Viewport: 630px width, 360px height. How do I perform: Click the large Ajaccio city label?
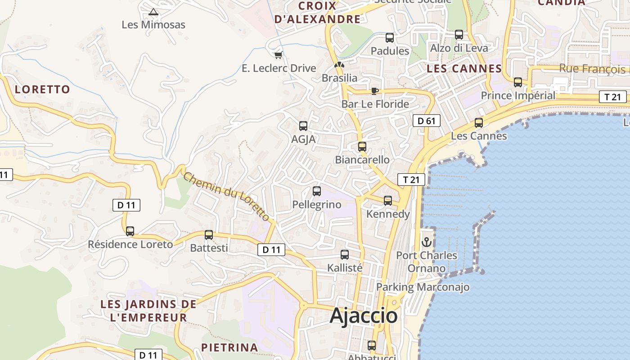[x=364, y=316]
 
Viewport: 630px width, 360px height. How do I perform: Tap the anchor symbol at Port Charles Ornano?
[x=426, y=243]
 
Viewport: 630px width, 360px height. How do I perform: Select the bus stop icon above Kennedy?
[x=388, y=201]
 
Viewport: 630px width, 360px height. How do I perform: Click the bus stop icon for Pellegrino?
[x=317, y=191]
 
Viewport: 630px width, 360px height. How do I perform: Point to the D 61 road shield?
[x=426, y=121]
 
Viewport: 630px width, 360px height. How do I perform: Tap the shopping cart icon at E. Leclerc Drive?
[x=279, y=55]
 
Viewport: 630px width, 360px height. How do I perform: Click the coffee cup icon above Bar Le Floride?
[x=374, y=91]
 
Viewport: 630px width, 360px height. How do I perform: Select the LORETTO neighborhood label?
[x=43, y=89]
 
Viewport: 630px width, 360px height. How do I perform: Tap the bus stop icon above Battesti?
[x=209, y=234]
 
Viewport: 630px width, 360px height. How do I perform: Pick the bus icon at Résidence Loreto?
[x=130, y=231]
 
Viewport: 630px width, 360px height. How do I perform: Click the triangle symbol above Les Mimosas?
[x=153, y=12]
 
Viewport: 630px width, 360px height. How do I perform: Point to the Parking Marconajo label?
[x=423, y=287]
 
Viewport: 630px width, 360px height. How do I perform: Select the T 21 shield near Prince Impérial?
[x=612, y=97]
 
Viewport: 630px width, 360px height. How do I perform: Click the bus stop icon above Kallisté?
[x=345, y=255]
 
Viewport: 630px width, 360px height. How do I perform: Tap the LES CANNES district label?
[x=464, y=69]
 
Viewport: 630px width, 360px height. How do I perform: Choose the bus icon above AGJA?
[x=303, y=126]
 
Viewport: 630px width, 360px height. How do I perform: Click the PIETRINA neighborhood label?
[x=229, y=347]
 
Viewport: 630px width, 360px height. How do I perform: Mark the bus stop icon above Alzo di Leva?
[x=459, y=35]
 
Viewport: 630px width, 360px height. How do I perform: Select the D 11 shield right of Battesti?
[x=271, y=250]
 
